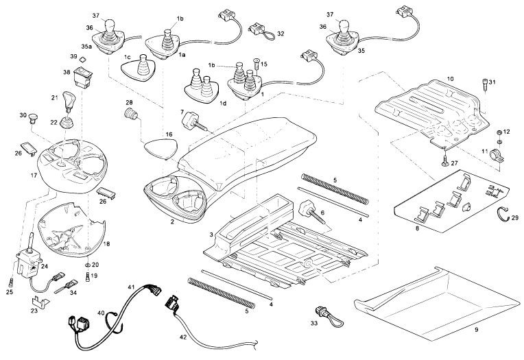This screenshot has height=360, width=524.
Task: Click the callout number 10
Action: [450, 79]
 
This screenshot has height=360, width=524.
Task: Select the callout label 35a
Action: [86, 46]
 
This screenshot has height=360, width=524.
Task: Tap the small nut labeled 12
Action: [499, 131]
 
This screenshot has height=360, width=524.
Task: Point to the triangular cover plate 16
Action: [158, 147]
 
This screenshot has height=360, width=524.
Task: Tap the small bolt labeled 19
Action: [87, 276]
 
